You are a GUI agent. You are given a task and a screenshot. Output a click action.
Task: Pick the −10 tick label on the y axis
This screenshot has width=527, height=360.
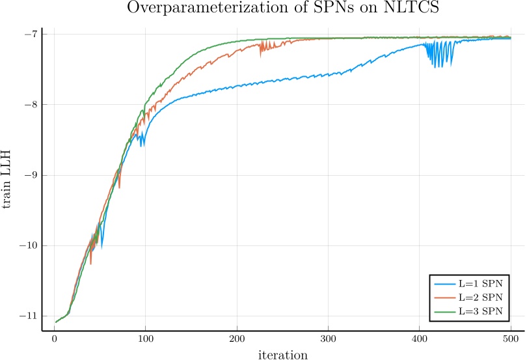(27, 245)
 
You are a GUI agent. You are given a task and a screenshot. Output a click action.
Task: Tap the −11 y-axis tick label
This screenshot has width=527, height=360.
(27, 316)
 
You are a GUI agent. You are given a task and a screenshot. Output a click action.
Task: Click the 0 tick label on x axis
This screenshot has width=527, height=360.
(54, 340)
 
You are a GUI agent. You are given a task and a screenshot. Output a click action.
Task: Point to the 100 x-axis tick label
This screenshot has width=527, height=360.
(146, 340)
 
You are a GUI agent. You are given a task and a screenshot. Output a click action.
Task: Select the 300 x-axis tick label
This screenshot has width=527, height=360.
(329, 340)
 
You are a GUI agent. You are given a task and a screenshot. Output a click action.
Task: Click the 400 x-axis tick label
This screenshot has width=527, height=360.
(420, 340)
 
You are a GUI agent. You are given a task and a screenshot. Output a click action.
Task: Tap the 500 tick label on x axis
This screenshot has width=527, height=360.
(511, 340)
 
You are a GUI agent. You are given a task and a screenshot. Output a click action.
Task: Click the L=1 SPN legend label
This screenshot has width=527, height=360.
(481, 285)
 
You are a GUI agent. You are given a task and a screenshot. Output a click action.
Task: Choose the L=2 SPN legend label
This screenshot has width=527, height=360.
(481, 298)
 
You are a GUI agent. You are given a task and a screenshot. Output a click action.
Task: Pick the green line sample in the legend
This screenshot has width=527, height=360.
(444, 310)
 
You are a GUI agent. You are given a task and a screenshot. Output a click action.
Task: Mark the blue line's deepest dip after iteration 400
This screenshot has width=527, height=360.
(436, 66)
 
